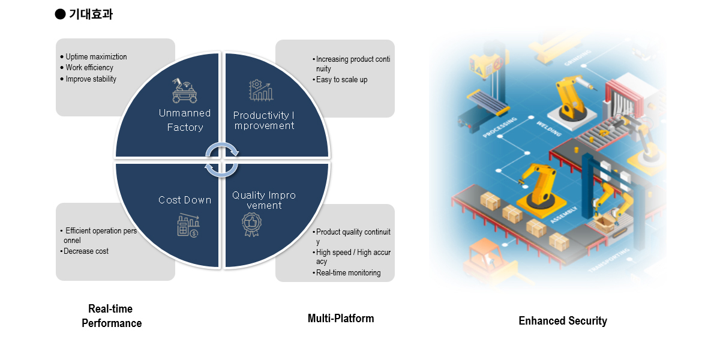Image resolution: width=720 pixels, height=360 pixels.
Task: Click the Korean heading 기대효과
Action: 91,14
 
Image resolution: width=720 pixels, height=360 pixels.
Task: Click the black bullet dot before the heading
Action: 60,14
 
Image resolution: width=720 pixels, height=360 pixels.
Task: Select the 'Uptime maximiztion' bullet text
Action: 96,57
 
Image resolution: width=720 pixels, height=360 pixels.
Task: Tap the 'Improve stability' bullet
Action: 91,79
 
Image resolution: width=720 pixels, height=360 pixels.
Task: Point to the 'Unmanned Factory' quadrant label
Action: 185,120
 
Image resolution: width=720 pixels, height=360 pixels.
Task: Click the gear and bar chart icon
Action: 261,91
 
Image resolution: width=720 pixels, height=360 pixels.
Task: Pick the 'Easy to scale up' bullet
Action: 341,80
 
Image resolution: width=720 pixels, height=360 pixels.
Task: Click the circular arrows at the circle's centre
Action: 222,160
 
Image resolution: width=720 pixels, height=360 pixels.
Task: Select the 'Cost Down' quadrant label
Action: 185,200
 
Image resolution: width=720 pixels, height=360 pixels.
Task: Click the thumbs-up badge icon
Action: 252,224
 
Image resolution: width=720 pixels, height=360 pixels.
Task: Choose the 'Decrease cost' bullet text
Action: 86,251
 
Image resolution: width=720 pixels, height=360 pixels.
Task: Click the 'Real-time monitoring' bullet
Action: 348,273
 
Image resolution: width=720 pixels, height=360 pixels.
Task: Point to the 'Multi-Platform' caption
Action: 341,319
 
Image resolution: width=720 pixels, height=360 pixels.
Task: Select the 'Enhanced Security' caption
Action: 563,321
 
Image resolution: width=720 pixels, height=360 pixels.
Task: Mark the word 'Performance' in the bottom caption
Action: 112,323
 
